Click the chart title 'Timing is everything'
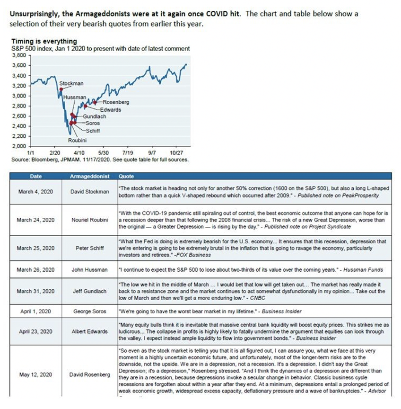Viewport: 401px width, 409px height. pyautogui.click(x=44, y=41)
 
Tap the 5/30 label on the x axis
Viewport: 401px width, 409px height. pyautogui.click(x=104, y=153)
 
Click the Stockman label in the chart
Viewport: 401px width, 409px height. pyautogui.click(x=71, y=83)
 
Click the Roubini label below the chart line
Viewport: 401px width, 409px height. pyautogui.click(x=77, y=141)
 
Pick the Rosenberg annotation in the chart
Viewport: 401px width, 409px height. pyautogui.click(x=116, y=102)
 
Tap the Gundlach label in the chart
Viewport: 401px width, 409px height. pyautogui.click(x=95, y=116)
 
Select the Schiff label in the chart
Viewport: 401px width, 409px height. pyautogui.click(x=93, y=131)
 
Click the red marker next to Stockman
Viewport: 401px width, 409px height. pyautogui.click(x=61, y=89)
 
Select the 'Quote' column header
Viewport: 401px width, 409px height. pyautogui.click(x=126, y=176)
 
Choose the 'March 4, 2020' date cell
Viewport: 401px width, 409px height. pyautogui.click(x=35, y=192)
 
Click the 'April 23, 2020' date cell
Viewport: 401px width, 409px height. pyautogui.click(x=35, y=331)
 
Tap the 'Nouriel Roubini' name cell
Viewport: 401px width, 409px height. pyautogui.click(x=89, y=220)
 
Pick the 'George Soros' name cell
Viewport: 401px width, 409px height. pyautogui.click(x=89, y=312)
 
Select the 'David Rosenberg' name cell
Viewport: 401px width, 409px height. pyautogui.click(x=89, y=374)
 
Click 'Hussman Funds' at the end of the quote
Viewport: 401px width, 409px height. pyautogui.click(x=367, y=270)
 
